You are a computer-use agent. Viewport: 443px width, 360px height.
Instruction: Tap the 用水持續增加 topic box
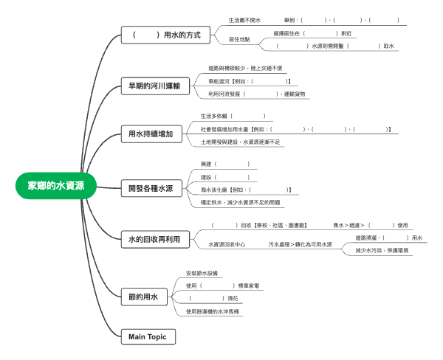(x=150, y=134)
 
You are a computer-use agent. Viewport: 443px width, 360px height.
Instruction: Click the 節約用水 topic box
(x=143, y=297)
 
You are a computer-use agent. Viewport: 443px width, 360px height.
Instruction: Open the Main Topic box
(x=148, y=336)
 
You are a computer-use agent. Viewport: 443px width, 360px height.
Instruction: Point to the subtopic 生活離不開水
(x=244, y=20)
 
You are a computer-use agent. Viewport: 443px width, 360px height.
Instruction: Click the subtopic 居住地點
(x=239, y=39)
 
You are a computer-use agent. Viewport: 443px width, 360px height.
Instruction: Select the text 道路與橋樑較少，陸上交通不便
(x=245, y=68)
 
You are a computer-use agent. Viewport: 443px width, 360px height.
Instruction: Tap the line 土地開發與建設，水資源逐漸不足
(x=241, y=141)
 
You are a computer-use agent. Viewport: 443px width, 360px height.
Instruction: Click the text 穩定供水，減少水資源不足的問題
(x=241, y=202)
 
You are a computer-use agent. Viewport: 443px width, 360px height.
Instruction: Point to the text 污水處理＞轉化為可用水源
(x=300, y=244)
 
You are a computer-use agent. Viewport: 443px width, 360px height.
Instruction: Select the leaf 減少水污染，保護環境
(x=382, y=250)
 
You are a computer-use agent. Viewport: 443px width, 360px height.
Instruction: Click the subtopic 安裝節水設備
(x=202, y=273)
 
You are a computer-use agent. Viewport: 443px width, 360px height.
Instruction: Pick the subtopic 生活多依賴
(x=216, y=116)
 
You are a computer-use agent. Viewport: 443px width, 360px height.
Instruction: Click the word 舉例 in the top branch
(x=290, y=20)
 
